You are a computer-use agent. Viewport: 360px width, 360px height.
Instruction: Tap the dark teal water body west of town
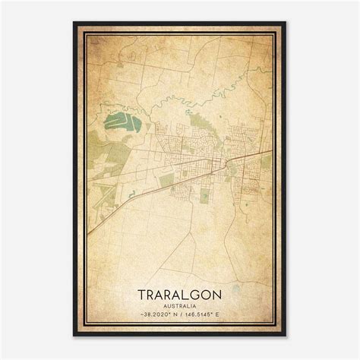(121, 122)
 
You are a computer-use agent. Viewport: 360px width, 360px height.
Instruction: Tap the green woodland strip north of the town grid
(200, 120)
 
